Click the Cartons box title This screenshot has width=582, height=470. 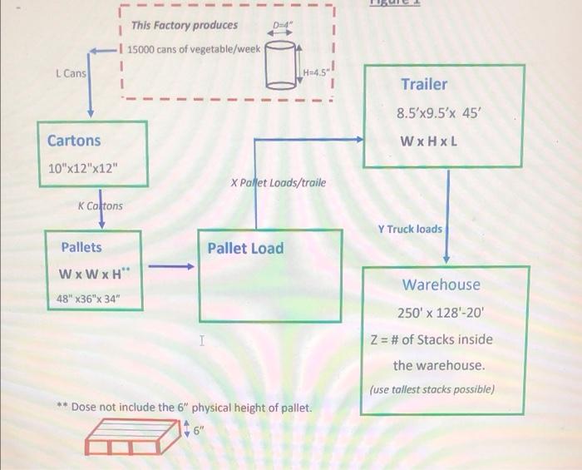[x=74, y=141]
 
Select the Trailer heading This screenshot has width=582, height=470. [x=424, y=84]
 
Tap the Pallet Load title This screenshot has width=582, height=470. [x=245, y=248]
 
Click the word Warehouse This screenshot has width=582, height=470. [x=441, y=284]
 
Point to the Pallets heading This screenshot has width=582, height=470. [x=81, y=247]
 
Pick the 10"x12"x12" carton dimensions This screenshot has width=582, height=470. [x=83, y=172]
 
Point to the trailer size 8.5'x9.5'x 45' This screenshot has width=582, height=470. [x=440, y=113]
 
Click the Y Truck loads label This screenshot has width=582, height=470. [x=410, y=228]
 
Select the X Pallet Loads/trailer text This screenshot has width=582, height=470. [x=279, y=182]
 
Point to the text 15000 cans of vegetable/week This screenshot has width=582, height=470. [x=194, y=49]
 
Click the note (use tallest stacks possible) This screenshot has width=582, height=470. [x=432, y=389]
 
